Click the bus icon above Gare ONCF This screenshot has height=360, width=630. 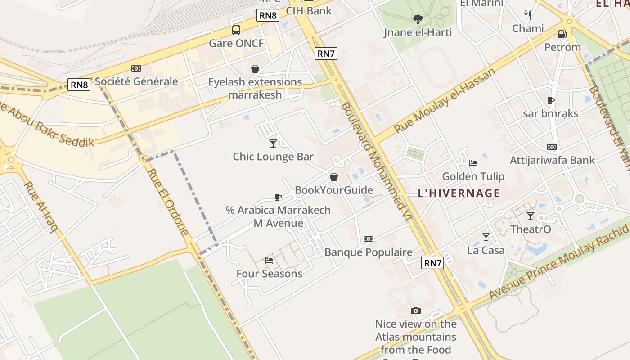point(236,30)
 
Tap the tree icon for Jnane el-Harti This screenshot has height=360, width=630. point(418,19)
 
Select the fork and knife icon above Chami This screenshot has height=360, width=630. point(528,15)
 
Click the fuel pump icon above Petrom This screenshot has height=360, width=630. point(562,34)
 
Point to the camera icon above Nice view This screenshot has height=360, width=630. point(416,310)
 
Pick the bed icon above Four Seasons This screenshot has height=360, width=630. point(269,260)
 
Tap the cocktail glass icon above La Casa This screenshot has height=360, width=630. point(486,237)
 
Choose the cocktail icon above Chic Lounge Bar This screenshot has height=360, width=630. point(273,143)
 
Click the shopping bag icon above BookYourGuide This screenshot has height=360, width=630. point(334,177)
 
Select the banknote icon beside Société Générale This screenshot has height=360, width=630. point(136,68)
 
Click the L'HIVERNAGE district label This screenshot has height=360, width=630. point(459,193)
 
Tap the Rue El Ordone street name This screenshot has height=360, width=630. point(167,202)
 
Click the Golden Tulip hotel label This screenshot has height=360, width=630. point(473,176)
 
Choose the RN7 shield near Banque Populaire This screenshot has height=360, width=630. point(433,263)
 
